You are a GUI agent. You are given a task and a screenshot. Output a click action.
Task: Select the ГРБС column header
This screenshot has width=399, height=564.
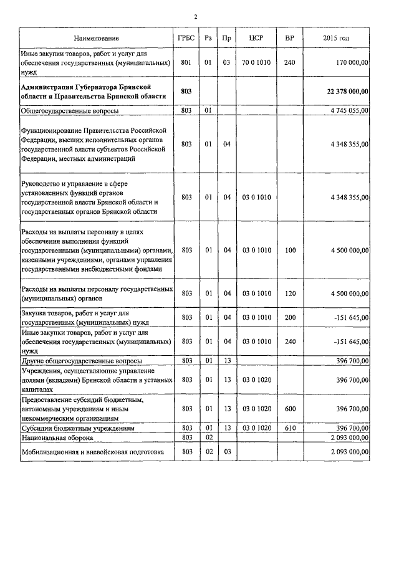coord(186,38)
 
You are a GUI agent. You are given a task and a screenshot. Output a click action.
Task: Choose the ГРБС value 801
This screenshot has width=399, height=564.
coord(186,62)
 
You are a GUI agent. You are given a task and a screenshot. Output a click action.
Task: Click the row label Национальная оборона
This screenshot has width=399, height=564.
coord(59,438)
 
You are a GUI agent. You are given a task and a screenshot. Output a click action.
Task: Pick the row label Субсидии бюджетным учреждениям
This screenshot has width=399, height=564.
coord(78,429)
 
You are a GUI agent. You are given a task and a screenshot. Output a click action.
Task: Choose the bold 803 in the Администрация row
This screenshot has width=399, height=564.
coord(186,91)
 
